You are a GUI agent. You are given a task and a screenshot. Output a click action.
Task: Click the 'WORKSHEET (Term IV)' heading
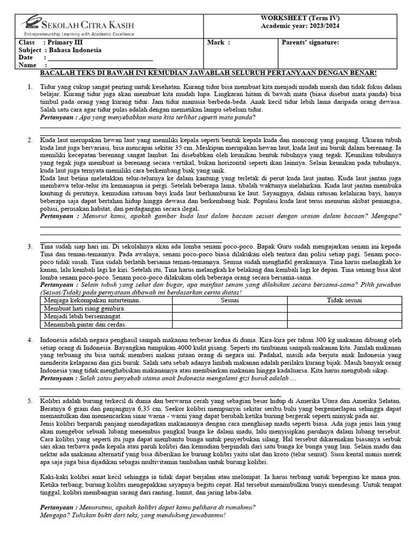pos(300,18)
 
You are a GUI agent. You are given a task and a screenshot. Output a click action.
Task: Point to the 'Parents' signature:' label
pos(310,42)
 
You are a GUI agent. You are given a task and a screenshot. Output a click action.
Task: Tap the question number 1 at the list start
pos(30,86)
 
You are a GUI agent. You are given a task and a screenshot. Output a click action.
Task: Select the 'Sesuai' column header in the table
pos(229,300)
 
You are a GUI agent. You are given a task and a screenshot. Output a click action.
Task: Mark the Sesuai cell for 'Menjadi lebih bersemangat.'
pos(229,316)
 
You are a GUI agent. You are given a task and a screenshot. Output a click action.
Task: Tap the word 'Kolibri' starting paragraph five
pos(50,400)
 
